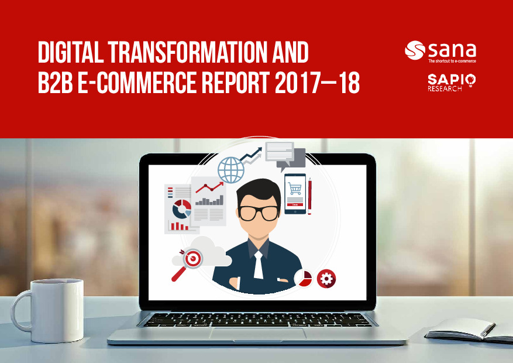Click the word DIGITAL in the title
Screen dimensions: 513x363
(71, 52)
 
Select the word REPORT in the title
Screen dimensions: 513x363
(236, 83)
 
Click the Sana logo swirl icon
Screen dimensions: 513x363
(415, 50)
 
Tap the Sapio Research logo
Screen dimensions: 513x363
(452, 83)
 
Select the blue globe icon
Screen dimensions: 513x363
(231, 170)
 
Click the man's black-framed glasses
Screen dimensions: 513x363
(259, 213)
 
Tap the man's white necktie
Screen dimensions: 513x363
(259, 265)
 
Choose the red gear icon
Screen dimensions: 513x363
(326, 279)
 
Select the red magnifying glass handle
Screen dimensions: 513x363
(178, 274)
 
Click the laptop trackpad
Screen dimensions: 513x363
(258, 334)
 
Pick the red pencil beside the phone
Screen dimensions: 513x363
(309, 196)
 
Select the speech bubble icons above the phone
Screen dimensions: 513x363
(285, 156)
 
